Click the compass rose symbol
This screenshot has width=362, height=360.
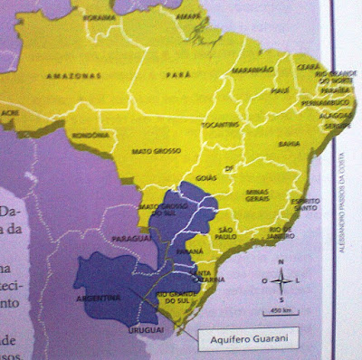(281, 280)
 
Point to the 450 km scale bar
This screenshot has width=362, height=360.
(279, 312)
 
